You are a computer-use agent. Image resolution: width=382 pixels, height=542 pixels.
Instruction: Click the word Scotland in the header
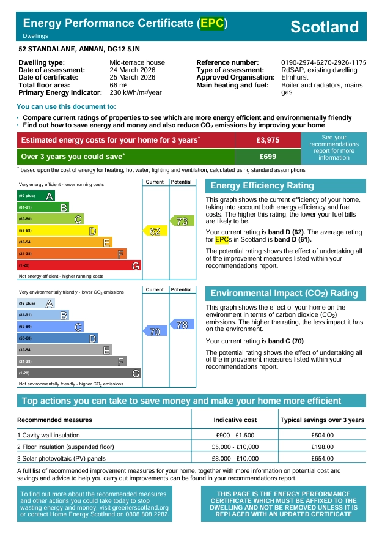324,27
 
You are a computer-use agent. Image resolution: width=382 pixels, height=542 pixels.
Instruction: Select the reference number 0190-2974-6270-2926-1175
323,63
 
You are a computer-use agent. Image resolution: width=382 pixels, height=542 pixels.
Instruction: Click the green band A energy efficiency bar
36,196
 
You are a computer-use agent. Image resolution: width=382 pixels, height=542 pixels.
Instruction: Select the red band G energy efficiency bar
79,265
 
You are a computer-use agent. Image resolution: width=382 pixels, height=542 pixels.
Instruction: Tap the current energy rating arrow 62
155,231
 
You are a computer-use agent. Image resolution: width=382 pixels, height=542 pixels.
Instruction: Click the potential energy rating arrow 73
182,221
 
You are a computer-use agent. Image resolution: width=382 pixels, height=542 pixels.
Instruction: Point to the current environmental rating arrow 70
155,332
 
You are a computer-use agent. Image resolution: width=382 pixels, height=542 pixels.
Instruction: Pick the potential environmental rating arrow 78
182,325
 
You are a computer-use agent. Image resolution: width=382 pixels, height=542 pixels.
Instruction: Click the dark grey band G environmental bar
79,373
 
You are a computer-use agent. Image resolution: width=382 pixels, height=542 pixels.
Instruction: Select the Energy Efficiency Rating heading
262,186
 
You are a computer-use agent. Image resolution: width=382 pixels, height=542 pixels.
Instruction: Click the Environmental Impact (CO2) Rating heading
284,294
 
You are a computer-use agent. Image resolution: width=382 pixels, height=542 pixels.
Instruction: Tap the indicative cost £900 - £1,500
235,436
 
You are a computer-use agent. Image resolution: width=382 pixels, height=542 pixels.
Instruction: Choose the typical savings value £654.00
322,458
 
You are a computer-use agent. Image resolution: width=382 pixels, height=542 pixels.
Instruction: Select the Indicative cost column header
235,420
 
